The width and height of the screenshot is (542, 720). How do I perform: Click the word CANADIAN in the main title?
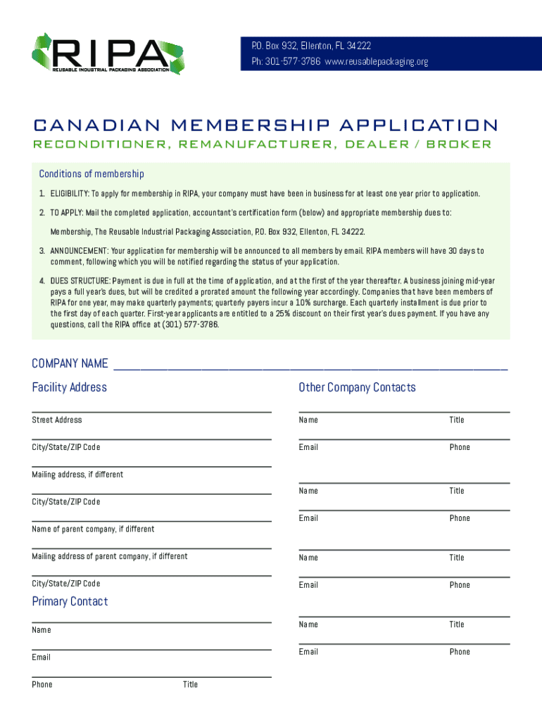[85, 126]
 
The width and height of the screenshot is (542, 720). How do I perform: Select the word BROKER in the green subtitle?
[458, 144]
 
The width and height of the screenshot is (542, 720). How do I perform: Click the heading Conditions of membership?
[92, 174]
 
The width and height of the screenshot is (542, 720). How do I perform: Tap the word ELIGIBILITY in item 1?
[69, 193]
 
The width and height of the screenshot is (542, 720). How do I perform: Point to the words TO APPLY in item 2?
[65, 212]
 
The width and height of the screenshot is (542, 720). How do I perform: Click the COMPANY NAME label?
[70, 364]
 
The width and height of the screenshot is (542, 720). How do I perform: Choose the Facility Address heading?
[69, 387]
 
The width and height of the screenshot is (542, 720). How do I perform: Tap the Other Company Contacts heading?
[357, 387]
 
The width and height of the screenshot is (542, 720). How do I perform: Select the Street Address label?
[56, 420]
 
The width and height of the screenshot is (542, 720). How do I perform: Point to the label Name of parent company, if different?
[93, 529]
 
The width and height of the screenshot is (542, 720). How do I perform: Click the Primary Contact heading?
[70, 601]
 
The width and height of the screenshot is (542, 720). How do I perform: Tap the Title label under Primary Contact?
[190, 684]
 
